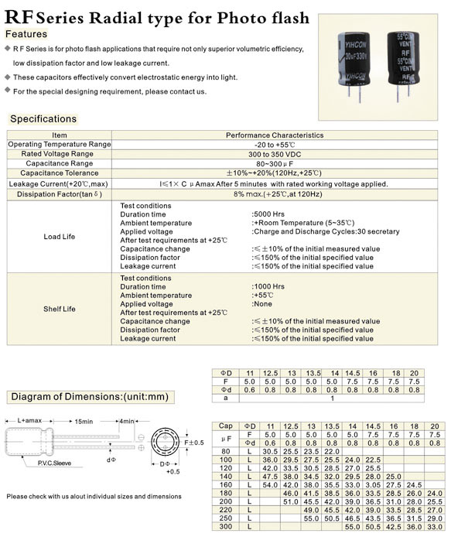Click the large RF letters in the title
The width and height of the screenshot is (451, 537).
19,17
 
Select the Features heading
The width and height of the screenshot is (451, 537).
26,34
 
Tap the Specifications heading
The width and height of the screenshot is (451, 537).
43,119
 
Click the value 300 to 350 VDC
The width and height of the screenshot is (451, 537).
275,154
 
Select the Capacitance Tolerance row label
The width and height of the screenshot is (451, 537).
60,173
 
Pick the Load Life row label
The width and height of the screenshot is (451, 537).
60,237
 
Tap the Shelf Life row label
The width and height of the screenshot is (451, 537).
60,309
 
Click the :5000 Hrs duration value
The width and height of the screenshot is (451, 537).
268,214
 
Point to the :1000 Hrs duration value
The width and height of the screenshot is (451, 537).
268,286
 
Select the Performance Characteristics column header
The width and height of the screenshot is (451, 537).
275,135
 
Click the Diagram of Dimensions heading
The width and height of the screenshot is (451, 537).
90,397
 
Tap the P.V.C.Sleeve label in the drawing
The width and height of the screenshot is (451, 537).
54,463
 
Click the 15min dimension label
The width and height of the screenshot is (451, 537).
84,421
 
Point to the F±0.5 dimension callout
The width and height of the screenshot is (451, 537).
194,443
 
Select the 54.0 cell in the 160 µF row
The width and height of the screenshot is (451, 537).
270,485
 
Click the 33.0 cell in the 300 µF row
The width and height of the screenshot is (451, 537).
435,527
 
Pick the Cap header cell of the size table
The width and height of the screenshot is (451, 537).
226,426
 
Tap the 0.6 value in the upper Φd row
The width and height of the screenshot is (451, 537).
250,390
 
